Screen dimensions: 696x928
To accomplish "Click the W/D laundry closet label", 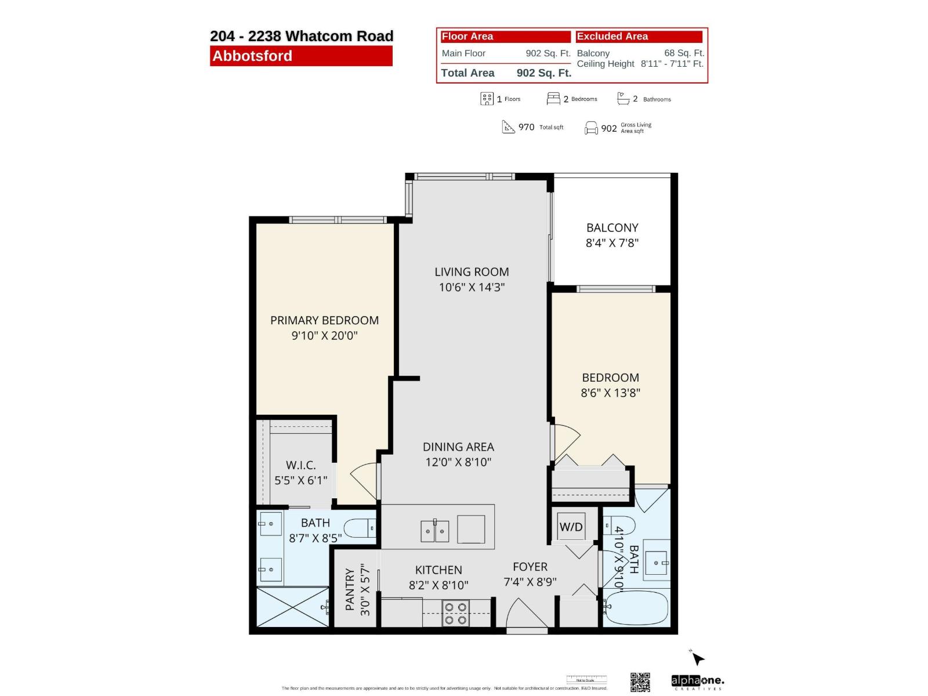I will pos(571,527).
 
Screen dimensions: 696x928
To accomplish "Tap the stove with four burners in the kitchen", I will pos(455,614).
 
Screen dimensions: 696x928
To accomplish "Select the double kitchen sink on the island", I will pos(434,531).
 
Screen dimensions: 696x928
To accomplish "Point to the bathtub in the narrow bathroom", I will pos(636,607).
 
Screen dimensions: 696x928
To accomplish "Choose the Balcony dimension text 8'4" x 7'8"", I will pos(612,243).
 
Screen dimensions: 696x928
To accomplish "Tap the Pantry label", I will pos(350,589).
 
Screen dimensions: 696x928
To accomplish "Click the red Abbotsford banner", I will pos(301,56).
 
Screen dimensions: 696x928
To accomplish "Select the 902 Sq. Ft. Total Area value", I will pos(543,73).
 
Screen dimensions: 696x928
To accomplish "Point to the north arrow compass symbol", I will pos(697,658).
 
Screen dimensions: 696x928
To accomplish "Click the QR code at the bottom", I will pos(640,682).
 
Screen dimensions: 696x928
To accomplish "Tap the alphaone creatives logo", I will pos(697,681).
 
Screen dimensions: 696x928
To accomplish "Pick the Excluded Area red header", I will pos(639,37).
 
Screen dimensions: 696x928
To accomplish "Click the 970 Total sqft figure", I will pos(526,127).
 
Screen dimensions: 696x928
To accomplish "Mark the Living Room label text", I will pos(472,272).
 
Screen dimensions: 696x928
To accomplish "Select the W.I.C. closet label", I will pos(300,465).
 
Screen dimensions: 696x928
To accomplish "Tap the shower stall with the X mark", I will pos(293,607).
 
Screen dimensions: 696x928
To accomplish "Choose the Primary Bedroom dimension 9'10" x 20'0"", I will pos(324,335).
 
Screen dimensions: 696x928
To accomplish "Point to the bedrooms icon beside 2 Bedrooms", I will pos(553,99).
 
